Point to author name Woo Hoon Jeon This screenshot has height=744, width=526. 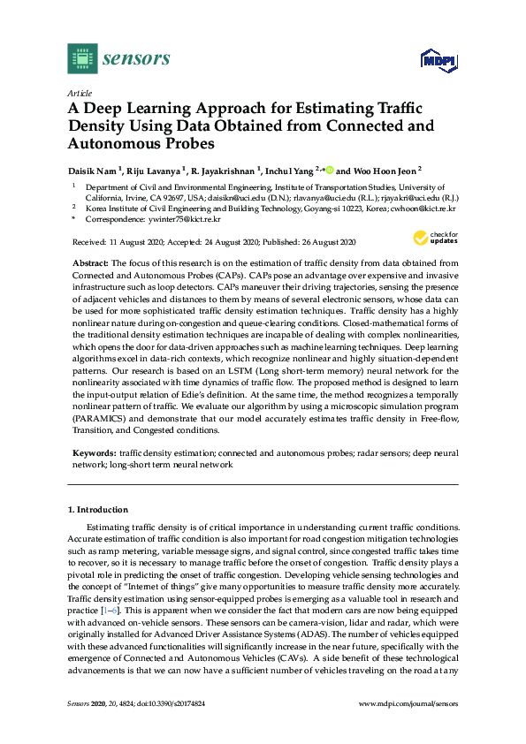(x=382, y=171)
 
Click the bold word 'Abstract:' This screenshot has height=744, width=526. (x=90, y=263)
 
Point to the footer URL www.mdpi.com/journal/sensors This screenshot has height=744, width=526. (x=409, y=728)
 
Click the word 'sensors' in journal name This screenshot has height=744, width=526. (x=136, y=59)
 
